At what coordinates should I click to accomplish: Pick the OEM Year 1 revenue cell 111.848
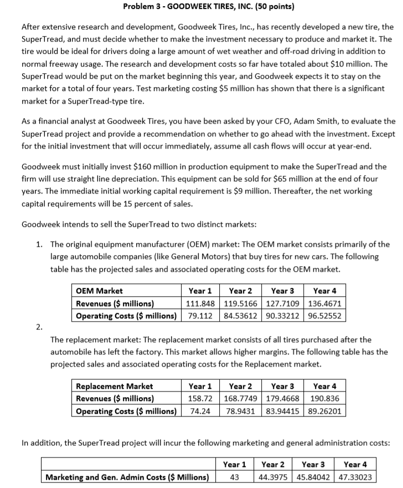200,303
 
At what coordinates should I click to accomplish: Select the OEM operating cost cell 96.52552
324,316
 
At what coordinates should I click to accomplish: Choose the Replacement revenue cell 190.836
324,398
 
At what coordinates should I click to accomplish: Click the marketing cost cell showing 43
234,476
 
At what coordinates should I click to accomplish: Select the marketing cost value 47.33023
355,476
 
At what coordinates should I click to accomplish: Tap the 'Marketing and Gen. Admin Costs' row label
127,476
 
